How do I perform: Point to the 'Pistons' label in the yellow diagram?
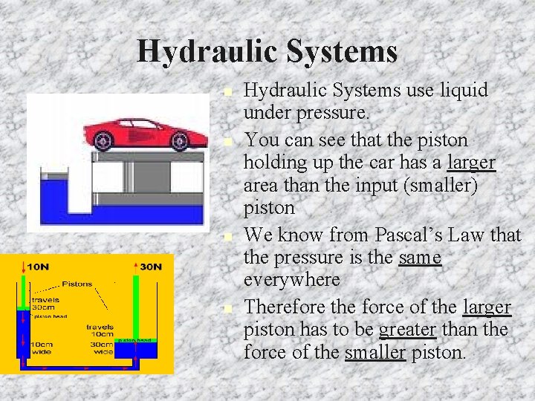pyautogui.click(x=77, y=284)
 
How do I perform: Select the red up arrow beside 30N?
pyautogui.click(x=136, y=266)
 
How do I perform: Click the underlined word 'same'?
pyautogui.click(x=420, y=258)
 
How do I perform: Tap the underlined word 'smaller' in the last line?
pyautogui.click(x=375, y=352)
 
